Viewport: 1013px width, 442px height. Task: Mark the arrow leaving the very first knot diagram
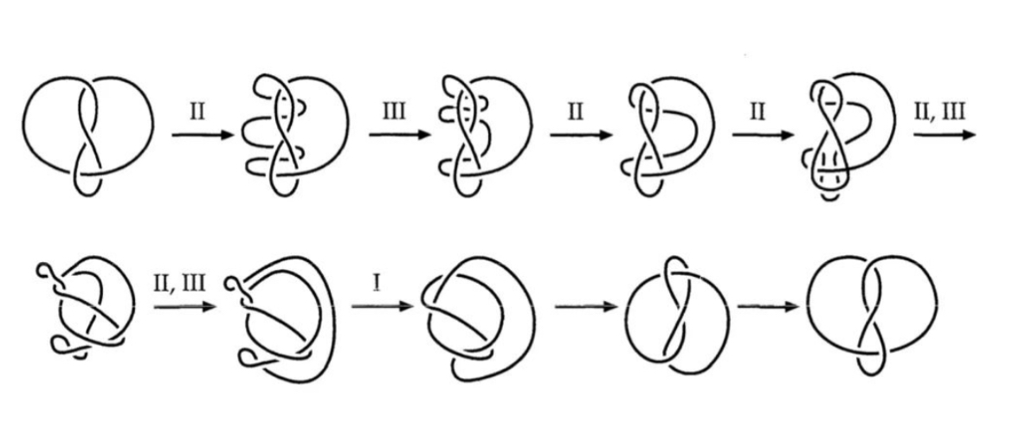[x=200, y=136]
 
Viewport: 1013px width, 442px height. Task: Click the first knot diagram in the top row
[x=89, y=130]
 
